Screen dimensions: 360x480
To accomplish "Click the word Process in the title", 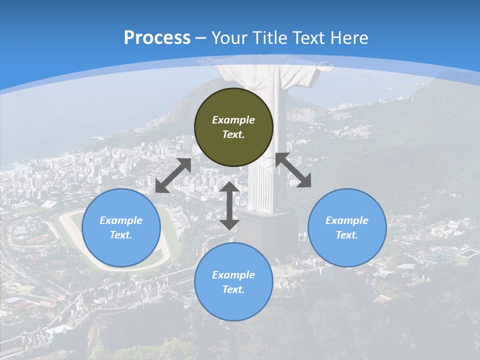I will tap(157, 38).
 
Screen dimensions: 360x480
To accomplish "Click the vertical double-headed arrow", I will tap(229, 205).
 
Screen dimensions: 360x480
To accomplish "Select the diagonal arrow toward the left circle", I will tap(173, 175).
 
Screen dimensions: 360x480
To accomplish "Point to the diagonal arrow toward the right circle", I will tap(293, 170).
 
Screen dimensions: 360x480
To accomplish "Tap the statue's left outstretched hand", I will tap(206, 61).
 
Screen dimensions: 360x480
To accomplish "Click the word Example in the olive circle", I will tap(233, 120).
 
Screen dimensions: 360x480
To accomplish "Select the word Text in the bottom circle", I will tap(233, 289).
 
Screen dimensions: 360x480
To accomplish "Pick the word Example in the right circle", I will tap(347, 220).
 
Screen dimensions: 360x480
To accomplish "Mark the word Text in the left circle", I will tap(121, 235).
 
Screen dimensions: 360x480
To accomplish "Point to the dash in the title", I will tap(201, 38).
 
